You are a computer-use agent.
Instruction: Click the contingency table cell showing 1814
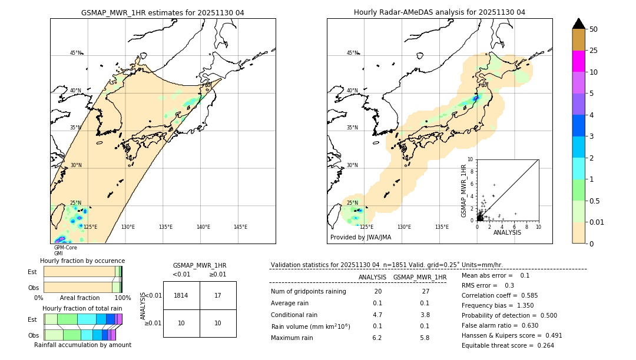click(181, 295)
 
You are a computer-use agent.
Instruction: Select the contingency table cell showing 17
click(218, 295)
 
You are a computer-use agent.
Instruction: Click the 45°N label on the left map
click(75, 53)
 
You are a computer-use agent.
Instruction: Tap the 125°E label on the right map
click(366, 227)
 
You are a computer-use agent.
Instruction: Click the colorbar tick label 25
click(594, 51)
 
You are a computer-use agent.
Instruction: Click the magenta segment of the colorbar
click(579, 61)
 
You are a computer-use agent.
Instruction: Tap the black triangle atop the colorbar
click(579, 24)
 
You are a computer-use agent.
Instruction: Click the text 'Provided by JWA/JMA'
click(360, 237)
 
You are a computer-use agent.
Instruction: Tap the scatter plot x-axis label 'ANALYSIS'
click(507, 232)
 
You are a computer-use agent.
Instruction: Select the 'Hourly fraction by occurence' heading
click(82, 261)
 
